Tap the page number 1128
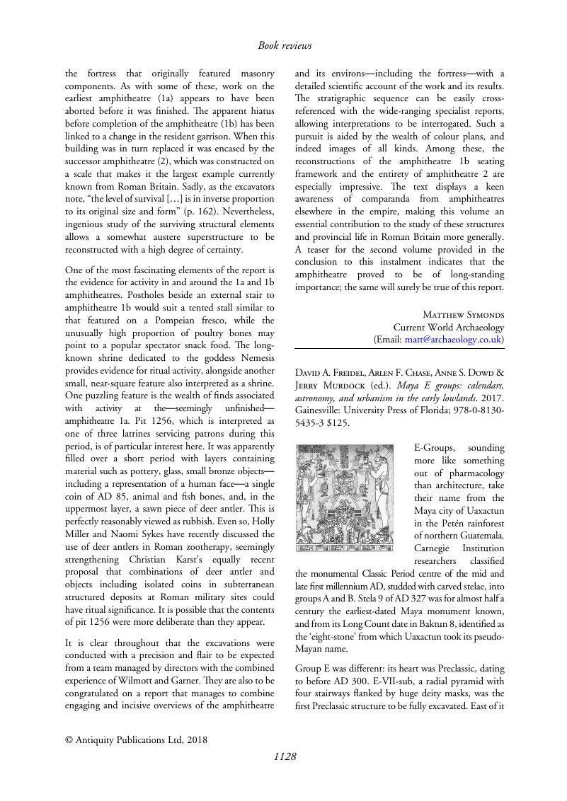coord(285,756)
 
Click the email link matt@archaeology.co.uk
coord(453,340)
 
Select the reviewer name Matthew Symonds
coord(463,314)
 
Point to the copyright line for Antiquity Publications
coord(136,740)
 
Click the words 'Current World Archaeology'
coord(449,327)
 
